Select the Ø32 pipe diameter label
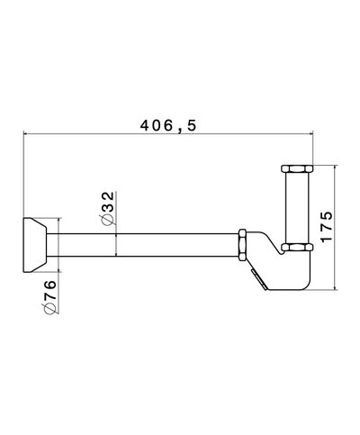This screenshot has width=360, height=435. point(107,208)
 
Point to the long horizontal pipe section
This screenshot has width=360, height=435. point(144,245)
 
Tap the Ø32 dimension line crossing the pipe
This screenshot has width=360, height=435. point(118,245)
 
